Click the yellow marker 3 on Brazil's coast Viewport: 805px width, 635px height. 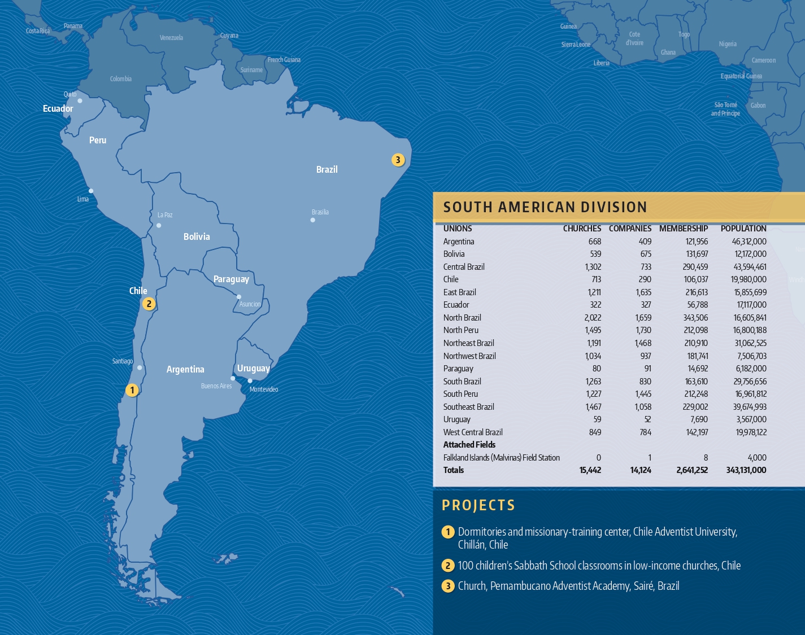398,160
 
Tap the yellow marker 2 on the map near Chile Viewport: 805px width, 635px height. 149,304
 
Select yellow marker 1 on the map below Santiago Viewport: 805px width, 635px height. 132,390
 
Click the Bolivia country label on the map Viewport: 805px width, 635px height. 197,237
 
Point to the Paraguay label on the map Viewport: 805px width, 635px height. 231,279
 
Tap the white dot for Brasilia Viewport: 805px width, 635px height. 313,220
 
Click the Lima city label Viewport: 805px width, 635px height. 83,199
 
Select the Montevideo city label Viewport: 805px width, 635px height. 264,389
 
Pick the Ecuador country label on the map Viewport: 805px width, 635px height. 58,108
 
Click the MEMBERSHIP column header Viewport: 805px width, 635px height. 683,229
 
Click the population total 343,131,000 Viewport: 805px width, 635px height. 746,470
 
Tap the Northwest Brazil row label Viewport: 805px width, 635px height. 469,356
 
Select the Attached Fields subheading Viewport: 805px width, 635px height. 469,445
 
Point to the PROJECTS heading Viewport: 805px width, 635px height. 478,505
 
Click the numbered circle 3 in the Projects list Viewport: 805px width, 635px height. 448,586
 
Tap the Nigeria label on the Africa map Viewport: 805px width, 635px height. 728,44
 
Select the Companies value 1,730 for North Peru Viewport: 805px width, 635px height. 643,330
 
